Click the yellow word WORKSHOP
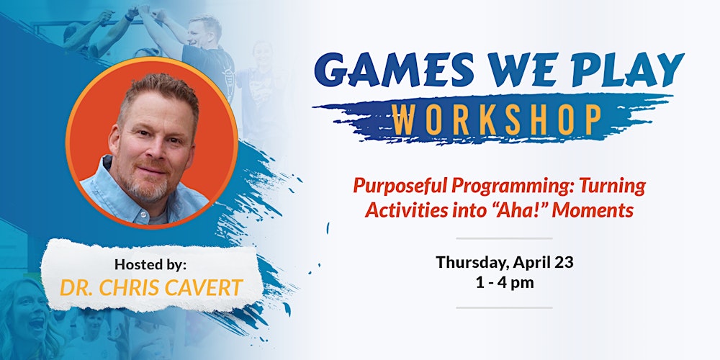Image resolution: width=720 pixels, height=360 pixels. pos(497,119)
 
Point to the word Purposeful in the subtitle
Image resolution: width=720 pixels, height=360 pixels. pos(399,186)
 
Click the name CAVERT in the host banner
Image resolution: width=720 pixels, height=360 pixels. pos(202,287)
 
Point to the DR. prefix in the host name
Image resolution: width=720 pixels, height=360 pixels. pos(76,287)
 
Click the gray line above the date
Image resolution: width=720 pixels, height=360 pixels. pos(503,238)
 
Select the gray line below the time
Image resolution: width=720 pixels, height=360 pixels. pos(503,307)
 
